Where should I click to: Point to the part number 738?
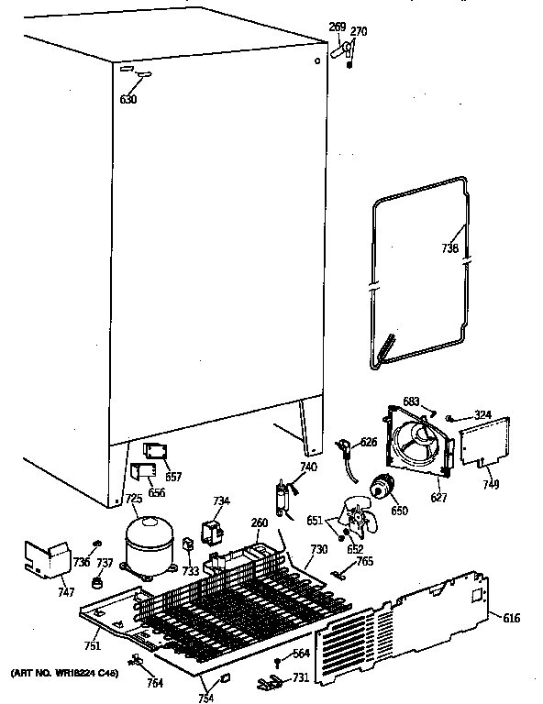pos(450,248)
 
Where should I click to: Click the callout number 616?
pos(511,619)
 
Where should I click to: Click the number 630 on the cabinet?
pos(127,99)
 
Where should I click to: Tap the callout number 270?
pos(359,32)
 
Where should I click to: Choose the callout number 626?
pos(367,443)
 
